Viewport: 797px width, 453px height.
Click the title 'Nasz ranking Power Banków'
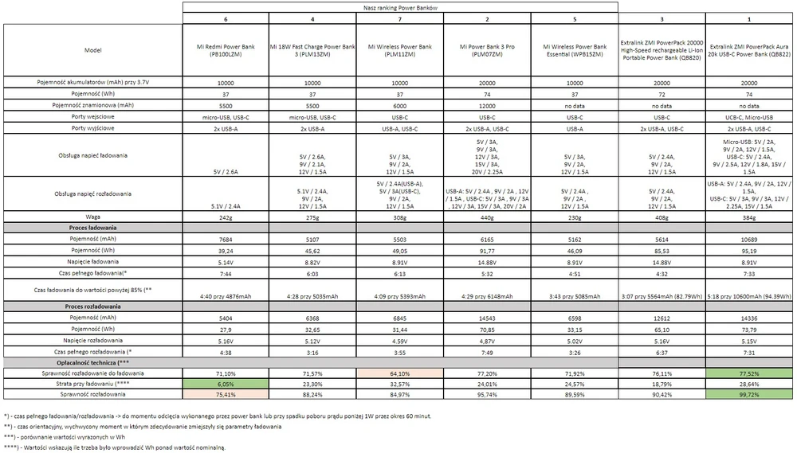tap(400, 6)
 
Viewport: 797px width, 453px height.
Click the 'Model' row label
tap(92, 49)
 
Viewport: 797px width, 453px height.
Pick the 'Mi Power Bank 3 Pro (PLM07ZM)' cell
tap(488, 49)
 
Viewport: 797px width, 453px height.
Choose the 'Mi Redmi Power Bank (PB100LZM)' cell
tap(226, 49)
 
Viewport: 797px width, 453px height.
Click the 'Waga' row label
tap(92, 217)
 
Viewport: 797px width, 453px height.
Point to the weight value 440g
tap(488, 217)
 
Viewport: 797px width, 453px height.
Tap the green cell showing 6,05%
tap(226, 383)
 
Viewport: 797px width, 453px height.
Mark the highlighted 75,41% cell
tap(226, 394)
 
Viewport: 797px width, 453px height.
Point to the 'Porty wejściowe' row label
tap(92, 116)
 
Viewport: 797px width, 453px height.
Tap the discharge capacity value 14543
tap(488, 317)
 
